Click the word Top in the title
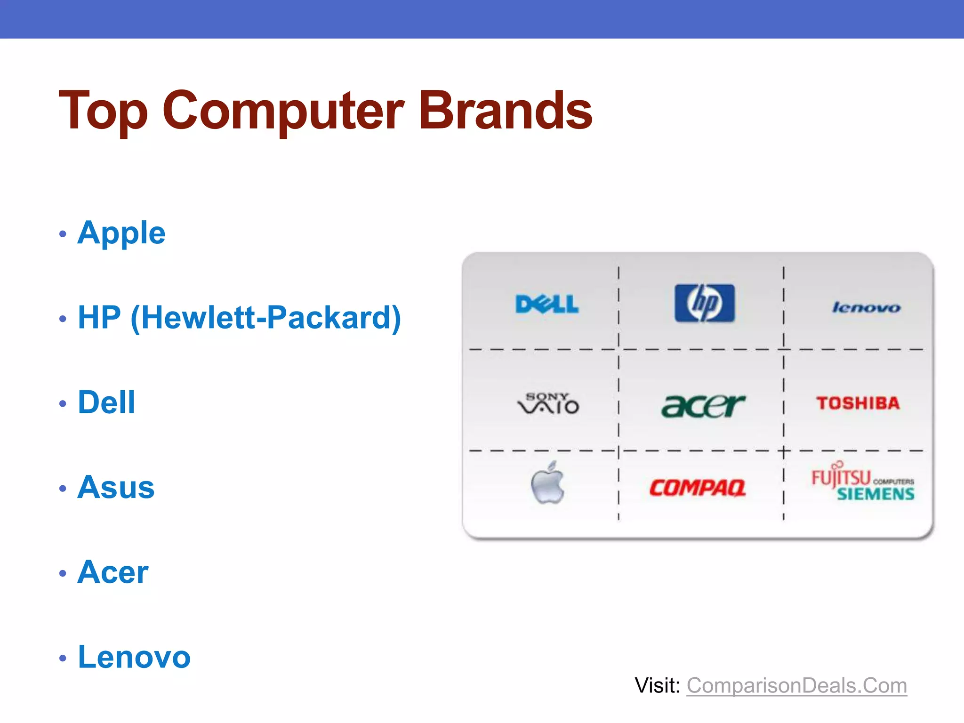tap(104, 111)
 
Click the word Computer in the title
tap(283, 111)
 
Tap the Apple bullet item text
tap(121, 233)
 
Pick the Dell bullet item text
tap(106, 403)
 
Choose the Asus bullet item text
tap(116, 488)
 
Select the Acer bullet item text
tap(113, 572)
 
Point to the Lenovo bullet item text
tap(134, 657)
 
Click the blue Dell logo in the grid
tap(547, 304)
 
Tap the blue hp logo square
tap(704, 303)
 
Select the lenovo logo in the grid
tap(866, 308)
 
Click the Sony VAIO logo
tap(548, 404)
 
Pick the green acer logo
tap(703, 406)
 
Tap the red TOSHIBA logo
tap(858, 403)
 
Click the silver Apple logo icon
tap(547, 484)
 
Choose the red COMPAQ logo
tap(698, 488)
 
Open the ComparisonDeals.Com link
tap(796, 686)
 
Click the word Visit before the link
tap(657, 686)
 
